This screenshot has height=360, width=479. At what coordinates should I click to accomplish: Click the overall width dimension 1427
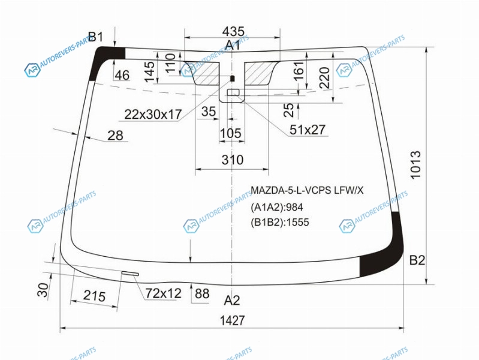click(x=233, y=320)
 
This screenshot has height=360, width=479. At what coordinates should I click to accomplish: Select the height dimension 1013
click(x=415, y=164)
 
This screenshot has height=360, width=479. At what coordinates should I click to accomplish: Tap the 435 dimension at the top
click(x=233, y=32)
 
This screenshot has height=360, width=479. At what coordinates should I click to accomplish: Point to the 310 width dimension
click(x=233, y=160)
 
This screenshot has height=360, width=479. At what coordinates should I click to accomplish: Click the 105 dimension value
click(x=231, y=133)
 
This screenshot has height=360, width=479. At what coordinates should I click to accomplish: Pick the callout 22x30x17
click(x=153, y=115)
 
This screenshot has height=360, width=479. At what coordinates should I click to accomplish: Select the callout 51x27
click(x=308, y=130)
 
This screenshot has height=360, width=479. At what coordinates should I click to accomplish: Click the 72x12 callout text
click(x=163, y=293)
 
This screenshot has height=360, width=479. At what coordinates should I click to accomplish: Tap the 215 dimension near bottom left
click(x=94, y=296)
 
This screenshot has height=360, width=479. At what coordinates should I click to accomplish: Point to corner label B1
click(x=96, y=37)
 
